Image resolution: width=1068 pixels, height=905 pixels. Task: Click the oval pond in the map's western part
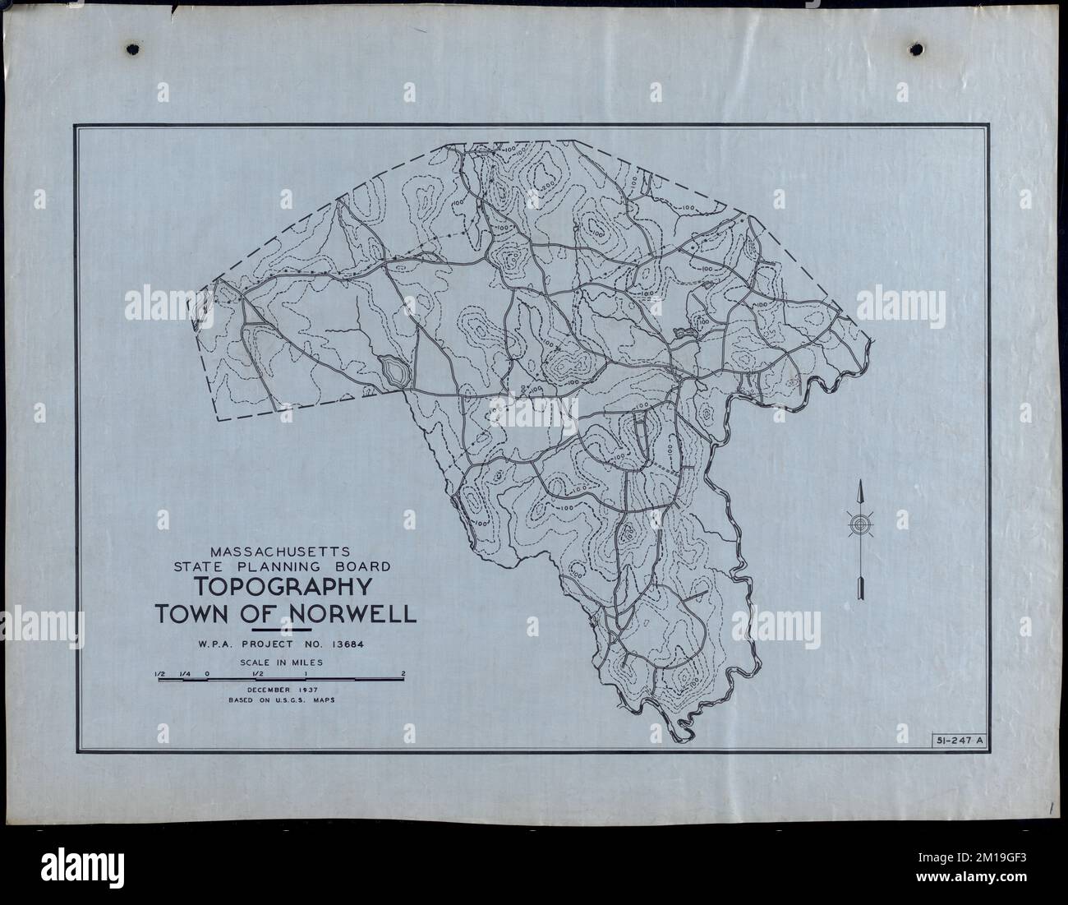coord(393,371)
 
